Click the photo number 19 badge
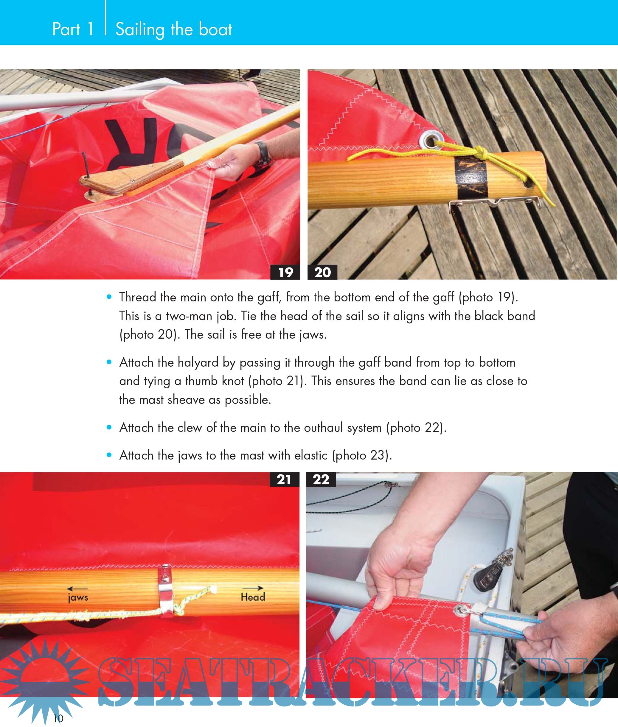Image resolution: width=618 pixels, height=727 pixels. pyautogui.click(x=285, y=272)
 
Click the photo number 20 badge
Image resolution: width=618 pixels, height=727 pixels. pyautogui.click(x=322, y=272)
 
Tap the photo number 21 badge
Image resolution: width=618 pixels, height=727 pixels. pyautogui.click(x=285, y=480)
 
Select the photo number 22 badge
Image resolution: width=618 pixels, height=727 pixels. pyautogui.click(x=321, y=480)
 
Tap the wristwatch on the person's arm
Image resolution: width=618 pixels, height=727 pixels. pyautogui.click(x=263, y=153)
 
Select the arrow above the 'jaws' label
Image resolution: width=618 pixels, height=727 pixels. pyautogui.click(x=77, y=589)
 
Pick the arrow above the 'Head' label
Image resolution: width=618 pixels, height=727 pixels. pyautogui.click(x=253, y=588)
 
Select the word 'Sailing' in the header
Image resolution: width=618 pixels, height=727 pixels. pyautogui.click(x=140, y=30)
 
